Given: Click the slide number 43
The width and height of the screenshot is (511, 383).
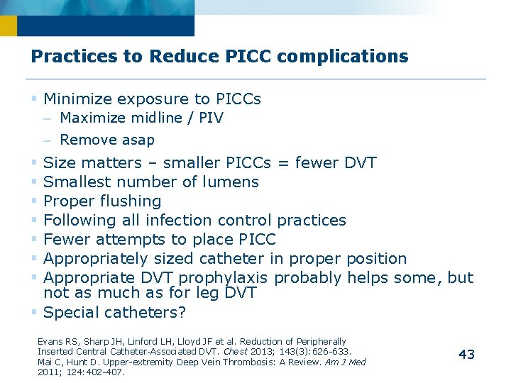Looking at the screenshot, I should pyautogui.click(x=466, y=355).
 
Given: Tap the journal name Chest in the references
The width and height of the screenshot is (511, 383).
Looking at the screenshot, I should pyautogui.click(x=234, y=351).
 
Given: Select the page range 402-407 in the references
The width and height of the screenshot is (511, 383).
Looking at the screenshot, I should pyautogui.click(x=105, y=371).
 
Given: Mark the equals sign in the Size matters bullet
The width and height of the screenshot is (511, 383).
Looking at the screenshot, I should pyautogui.click(x=283, y=163).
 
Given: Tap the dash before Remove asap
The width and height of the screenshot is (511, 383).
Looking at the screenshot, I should pyautogui.click(x=48, y=140).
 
